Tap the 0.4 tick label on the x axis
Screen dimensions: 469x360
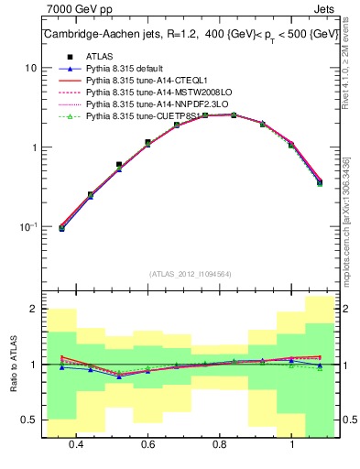(76, 443)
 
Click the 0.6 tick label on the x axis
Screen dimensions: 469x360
(147, 443)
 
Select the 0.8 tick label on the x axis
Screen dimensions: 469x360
(220, 443)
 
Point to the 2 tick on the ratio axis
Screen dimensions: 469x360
(34, 310)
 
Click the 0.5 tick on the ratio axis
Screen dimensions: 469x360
(29, 420)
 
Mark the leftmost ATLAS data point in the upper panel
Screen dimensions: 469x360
(61, 228)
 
